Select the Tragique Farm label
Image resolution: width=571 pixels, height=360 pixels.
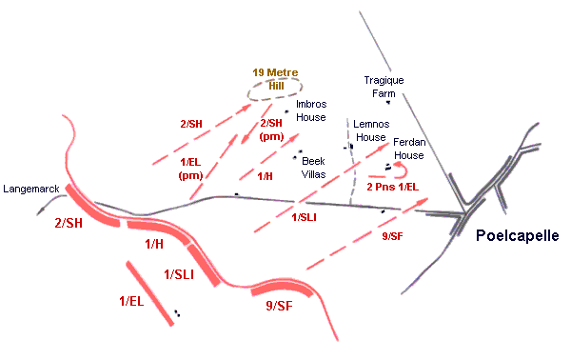click(385, 87)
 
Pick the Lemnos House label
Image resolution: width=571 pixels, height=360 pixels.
click(370, 130)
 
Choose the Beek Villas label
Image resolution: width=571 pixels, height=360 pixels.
click(315, 168)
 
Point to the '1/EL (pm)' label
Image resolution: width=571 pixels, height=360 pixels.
click(191, 168)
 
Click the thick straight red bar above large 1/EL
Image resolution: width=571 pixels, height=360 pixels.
click(150, 288)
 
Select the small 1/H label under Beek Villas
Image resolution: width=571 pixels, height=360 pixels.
click(266, 176)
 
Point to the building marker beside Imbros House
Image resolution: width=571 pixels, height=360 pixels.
click(286, 111)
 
